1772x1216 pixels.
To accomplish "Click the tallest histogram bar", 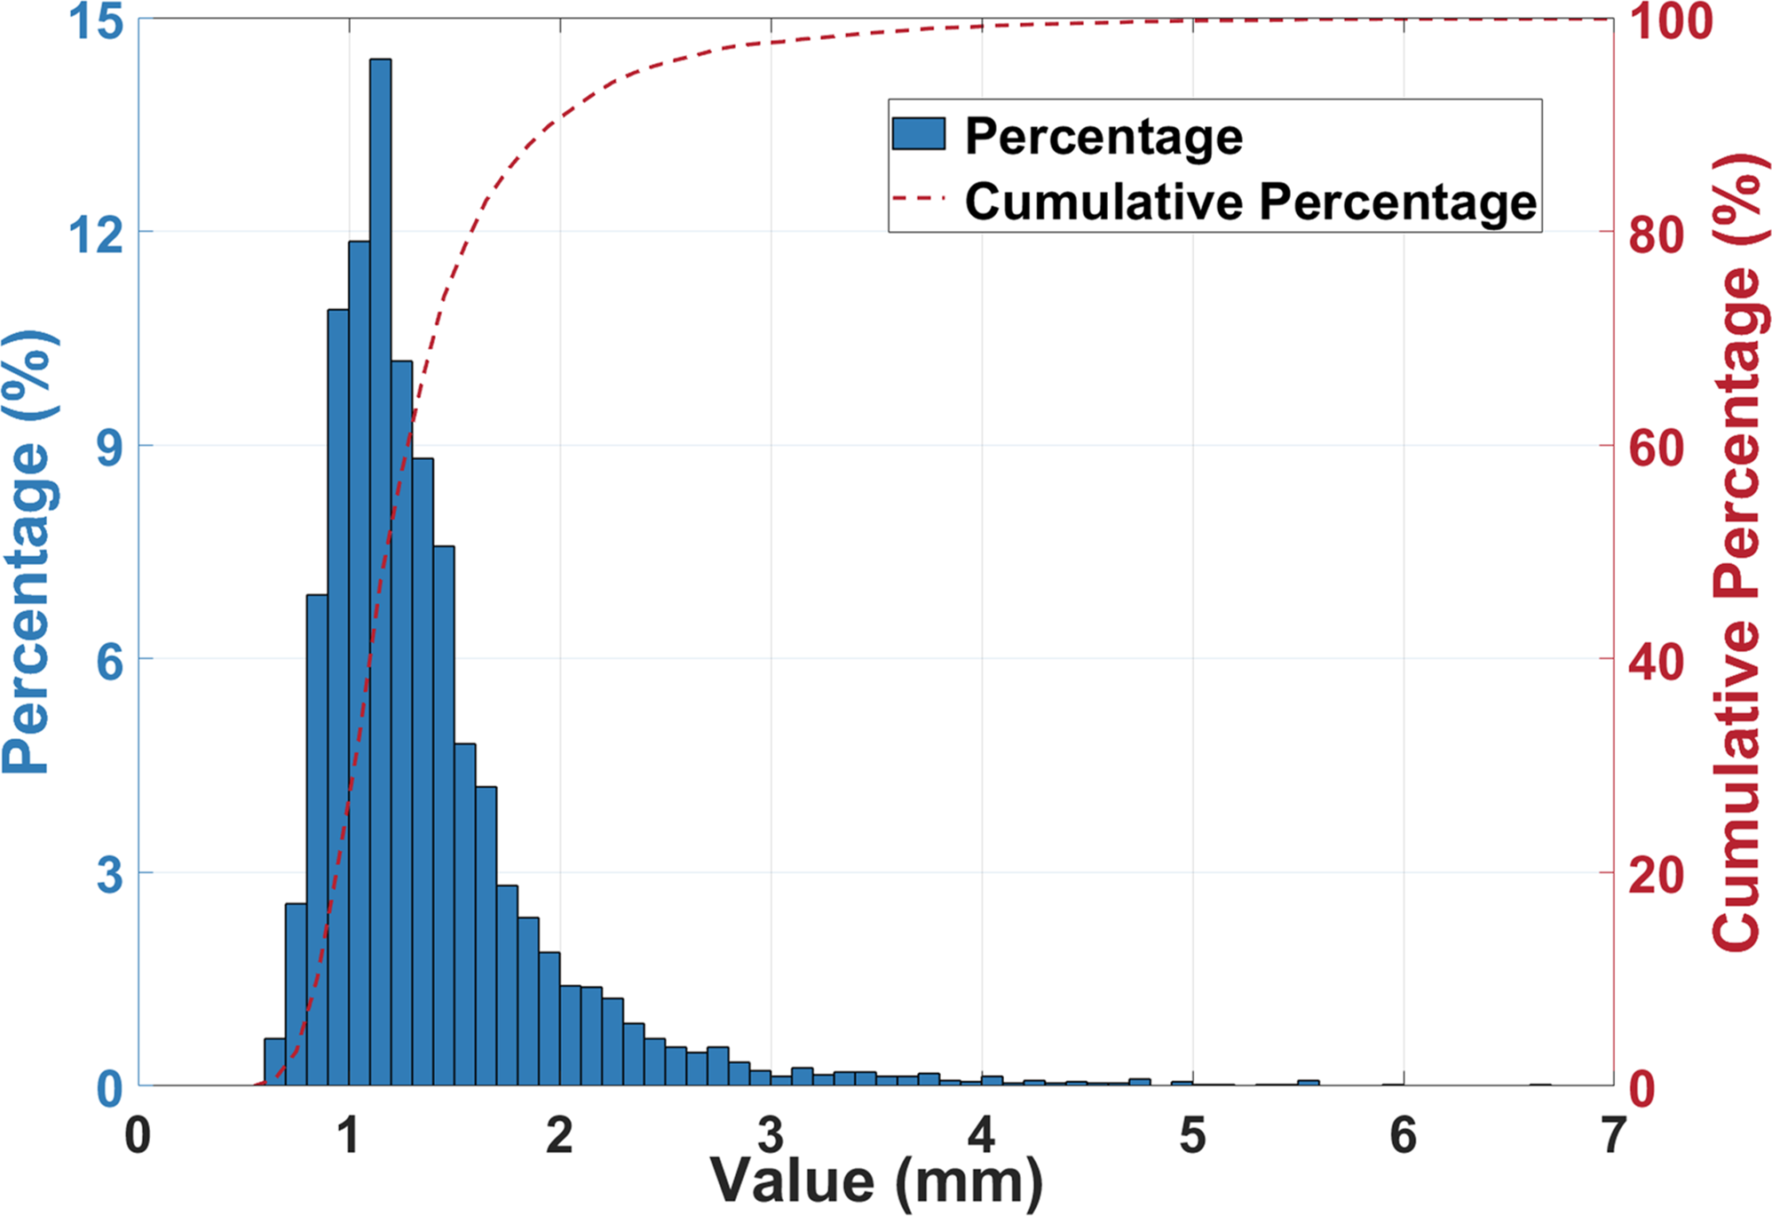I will (x=380, y=568).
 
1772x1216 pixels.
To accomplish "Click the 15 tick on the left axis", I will (x=97, y=21).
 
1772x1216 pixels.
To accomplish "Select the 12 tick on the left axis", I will (x=97, y=234).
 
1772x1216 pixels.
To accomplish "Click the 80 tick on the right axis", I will (x=1657, y=234).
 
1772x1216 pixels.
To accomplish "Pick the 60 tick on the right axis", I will (x=1657, y=447).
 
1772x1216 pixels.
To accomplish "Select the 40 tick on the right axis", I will (x=1657, y=661).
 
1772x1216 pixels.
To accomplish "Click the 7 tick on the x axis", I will (x=1613, y=1136).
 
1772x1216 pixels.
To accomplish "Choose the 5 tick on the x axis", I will (x=1192, y=1136).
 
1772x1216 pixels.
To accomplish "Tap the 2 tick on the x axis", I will (x=559, y=1136).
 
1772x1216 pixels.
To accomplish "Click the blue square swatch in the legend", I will (x=919, y=135).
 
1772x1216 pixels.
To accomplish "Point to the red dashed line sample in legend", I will (x=919, y=200).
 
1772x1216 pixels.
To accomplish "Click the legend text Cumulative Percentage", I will (x=1250, y=201).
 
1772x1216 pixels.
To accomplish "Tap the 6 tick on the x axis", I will (x=1403, y=1136).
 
